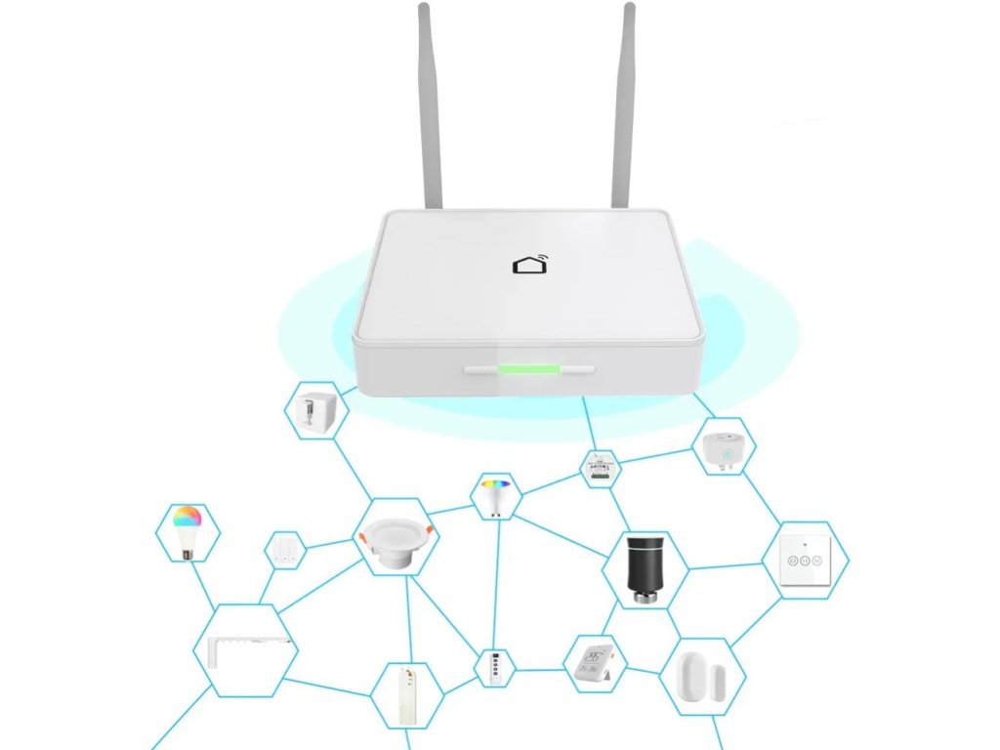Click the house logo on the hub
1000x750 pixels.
point(529,265)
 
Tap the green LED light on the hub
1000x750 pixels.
point(528,370)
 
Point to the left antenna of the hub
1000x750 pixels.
point(429,107)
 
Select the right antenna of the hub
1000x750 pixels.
point(622,107)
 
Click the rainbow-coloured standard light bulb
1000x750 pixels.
point(187,531)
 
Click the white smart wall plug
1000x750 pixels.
point(723,447)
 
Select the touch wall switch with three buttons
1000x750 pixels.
point(804,560)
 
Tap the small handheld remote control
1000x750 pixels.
point(494,668)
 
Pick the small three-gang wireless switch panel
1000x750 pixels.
point(285,550)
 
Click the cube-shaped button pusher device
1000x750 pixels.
point(317,409)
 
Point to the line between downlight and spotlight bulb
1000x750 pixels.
point(449,509)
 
